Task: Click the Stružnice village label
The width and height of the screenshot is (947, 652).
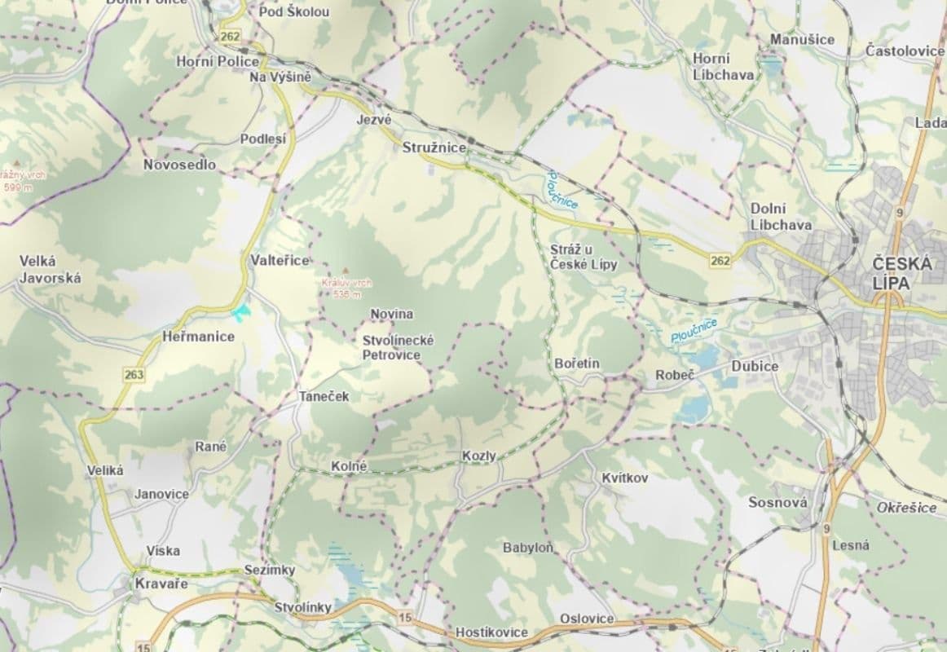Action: coord(434,148)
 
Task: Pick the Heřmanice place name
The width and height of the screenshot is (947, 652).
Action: coord(197,337)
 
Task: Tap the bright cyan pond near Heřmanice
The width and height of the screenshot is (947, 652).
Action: coord(240,312)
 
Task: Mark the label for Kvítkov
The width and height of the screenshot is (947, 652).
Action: coord(624,478)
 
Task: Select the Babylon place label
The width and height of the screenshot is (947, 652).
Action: coord(528,548)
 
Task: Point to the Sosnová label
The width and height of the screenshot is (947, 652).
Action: coord(777,503)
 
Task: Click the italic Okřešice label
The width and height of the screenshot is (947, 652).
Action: coord(906,508)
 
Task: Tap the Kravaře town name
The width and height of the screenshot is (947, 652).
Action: coord(161,584)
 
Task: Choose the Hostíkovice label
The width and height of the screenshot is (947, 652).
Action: coord(491,632)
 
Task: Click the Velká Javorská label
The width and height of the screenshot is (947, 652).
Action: coord(50,270)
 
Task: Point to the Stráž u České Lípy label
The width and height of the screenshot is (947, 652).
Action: coord(584,256)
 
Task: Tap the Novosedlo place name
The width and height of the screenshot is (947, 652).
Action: coord(179,165)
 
